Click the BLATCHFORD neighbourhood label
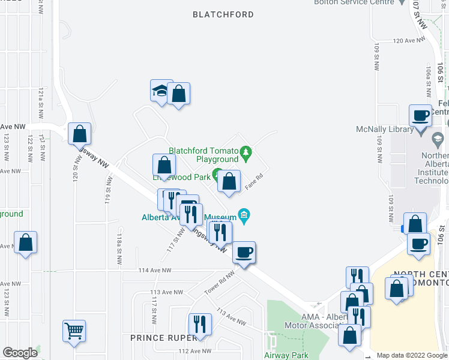pos(223,14)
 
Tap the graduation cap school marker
pos(160,91)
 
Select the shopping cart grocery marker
pos(74,330)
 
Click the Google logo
pos(20,353)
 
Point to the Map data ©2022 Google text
pos(412,355)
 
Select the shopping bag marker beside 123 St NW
pos(25,242)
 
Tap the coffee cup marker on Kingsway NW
pos(243,252)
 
